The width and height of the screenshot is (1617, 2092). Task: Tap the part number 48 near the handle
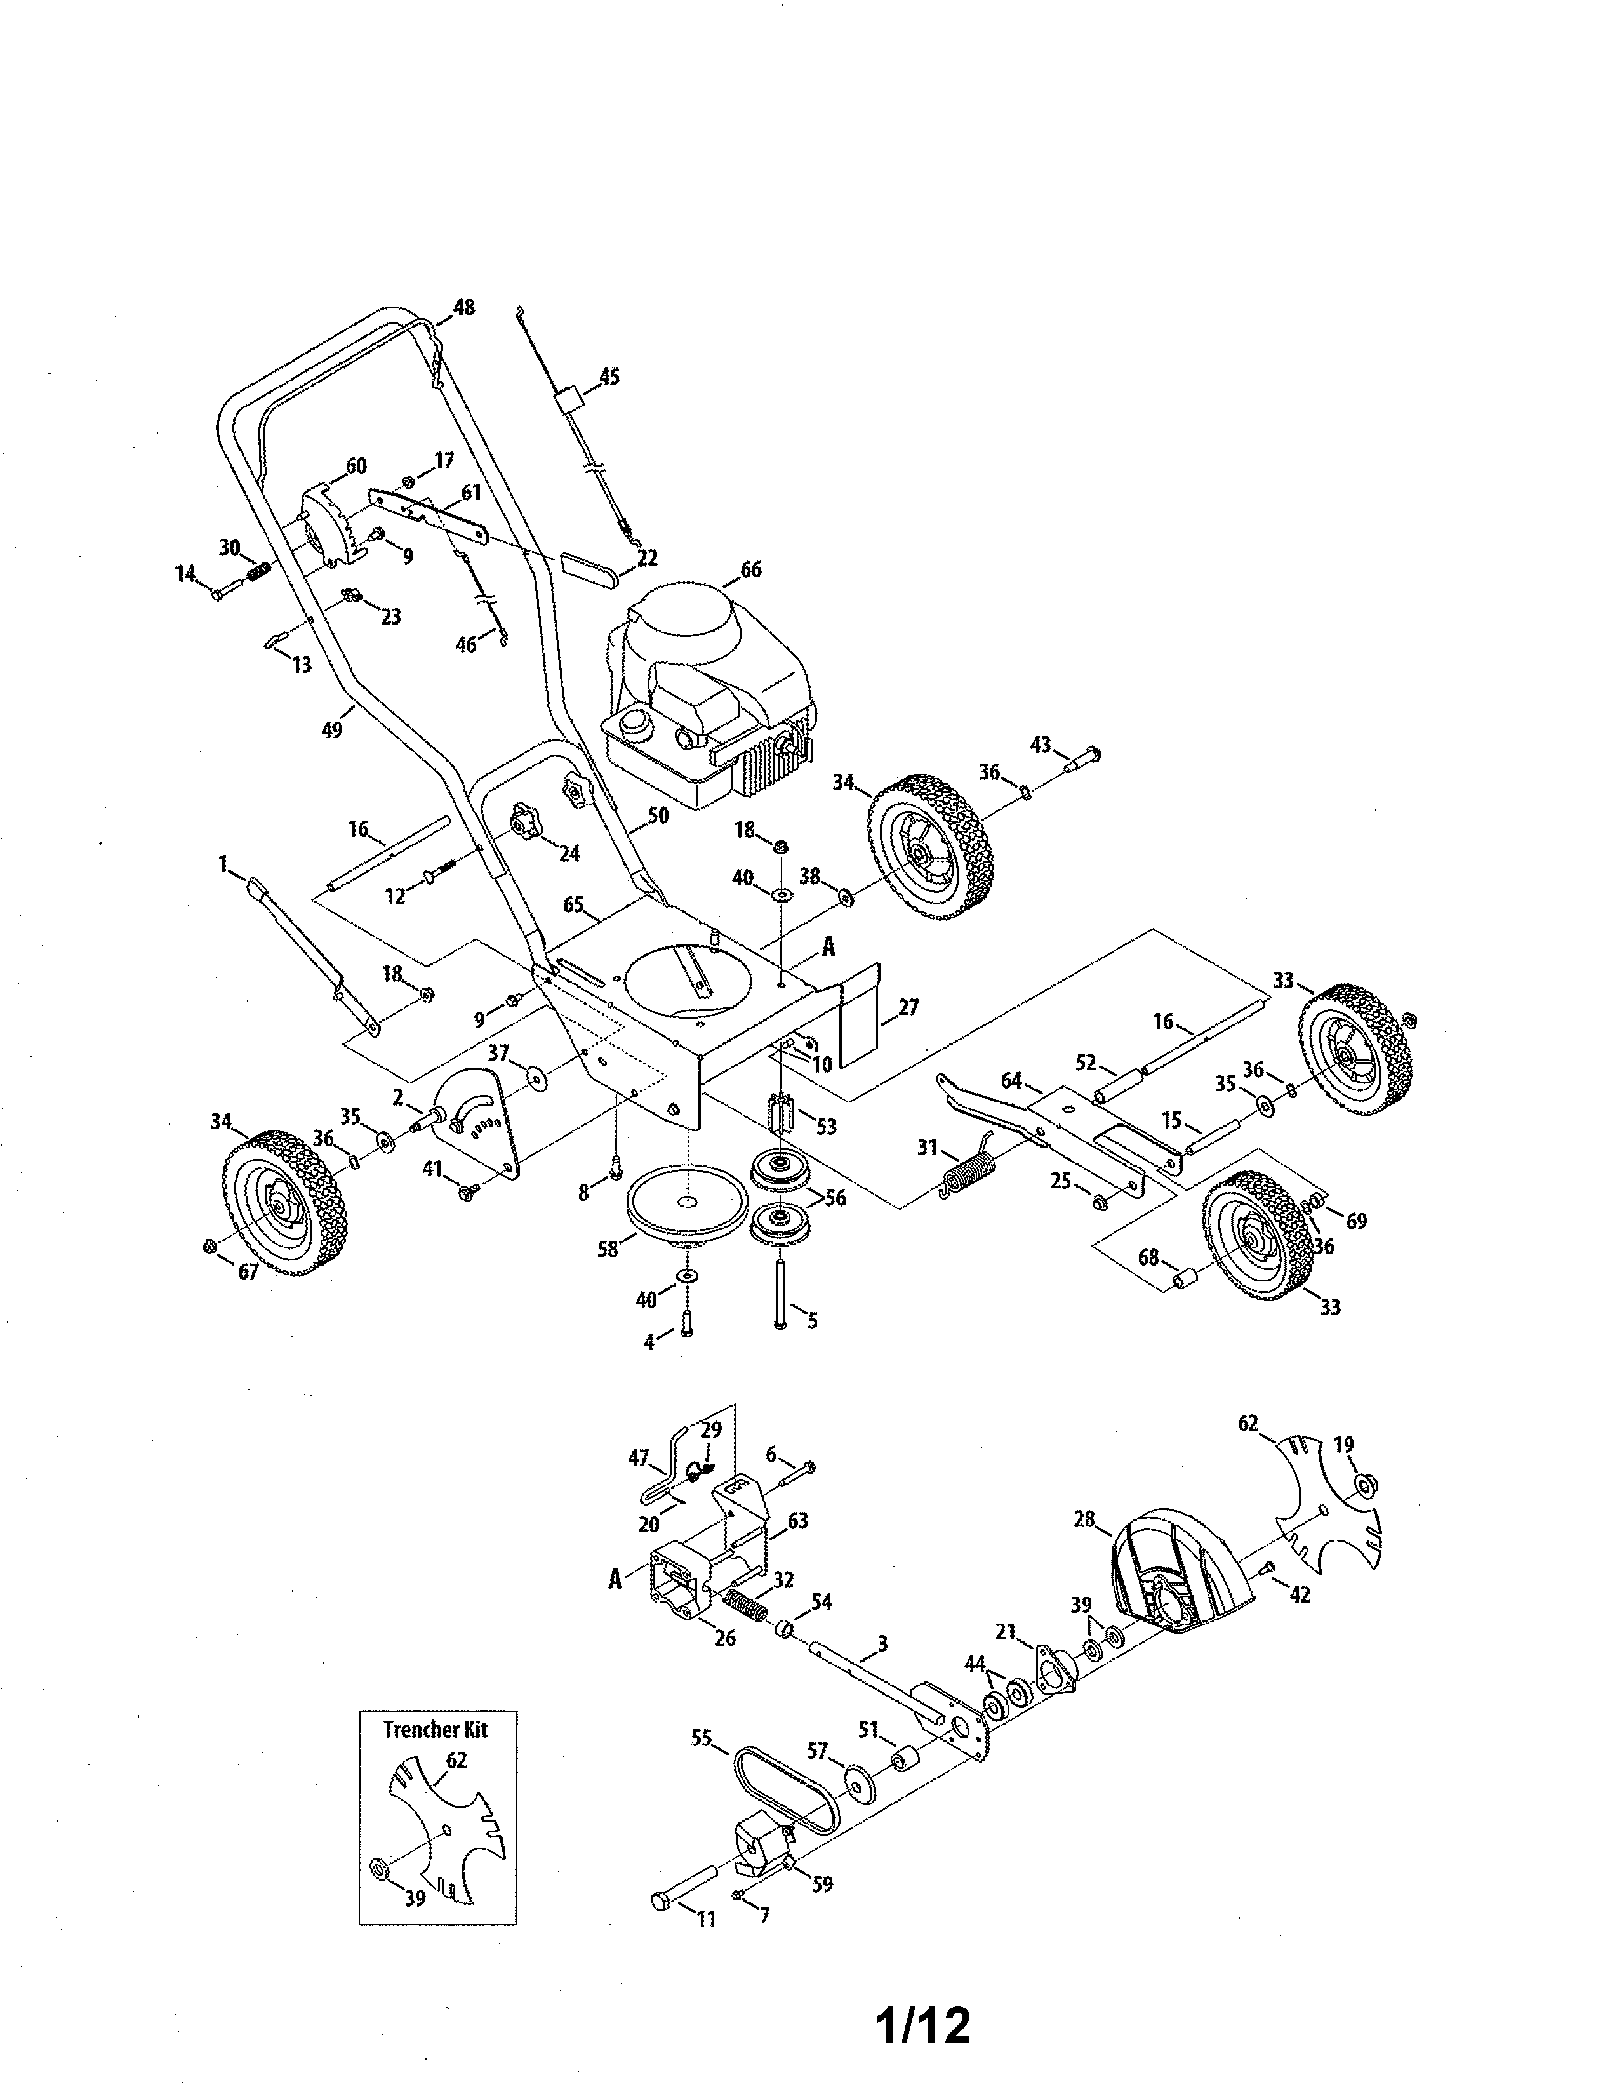pos(463,307)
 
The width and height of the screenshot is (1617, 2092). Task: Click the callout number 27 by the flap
pos(907,1007)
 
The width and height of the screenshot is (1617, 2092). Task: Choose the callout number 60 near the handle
pos(356,465)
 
